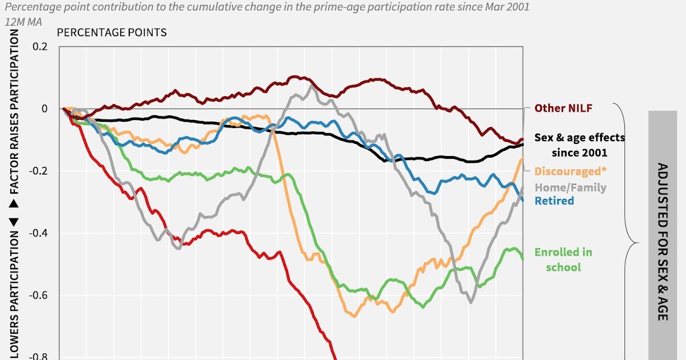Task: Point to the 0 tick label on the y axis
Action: (45, 109)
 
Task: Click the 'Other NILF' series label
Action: (563, 108)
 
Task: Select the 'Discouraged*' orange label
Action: (570, 171)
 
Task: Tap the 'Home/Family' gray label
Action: (570, 187)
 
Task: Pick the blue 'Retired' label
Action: (554, 201)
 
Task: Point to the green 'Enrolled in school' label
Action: (563, 259)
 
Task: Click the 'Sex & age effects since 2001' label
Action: (579, 145)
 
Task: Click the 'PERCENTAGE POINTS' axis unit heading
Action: (112, 32)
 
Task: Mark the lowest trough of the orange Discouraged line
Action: (354, 315)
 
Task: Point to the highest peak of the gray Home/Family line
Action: (311, 85)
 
